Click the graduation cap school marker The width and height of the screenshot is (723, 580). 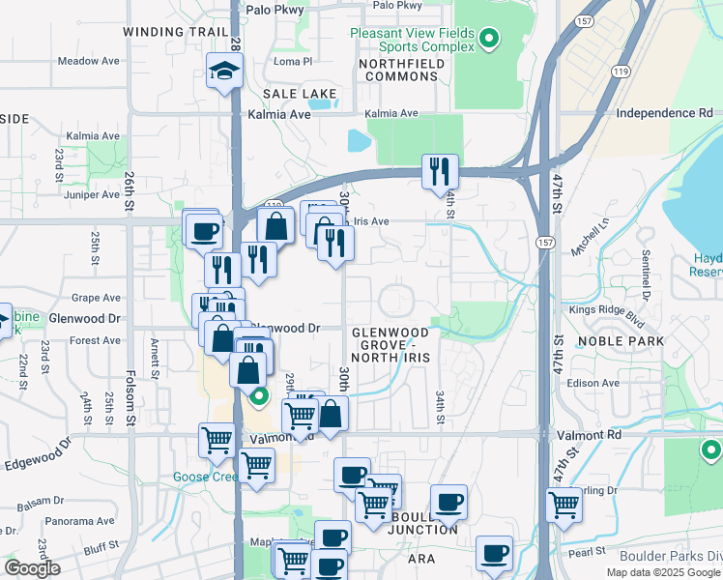point(224,72)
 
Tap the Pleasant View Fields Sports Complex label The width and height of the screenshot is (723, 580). point(413,40)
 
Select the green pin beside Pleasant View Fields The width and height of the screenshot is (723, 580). point(489,40)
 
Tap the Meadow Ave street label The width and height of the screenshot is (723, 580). point(88,60)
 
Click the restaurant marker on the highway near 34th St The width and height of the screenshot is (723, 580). point(440,172)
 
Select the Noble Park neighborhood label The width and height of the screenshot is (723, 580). point(621,341)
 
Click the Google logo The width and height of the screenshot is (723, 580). point(32,568)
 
